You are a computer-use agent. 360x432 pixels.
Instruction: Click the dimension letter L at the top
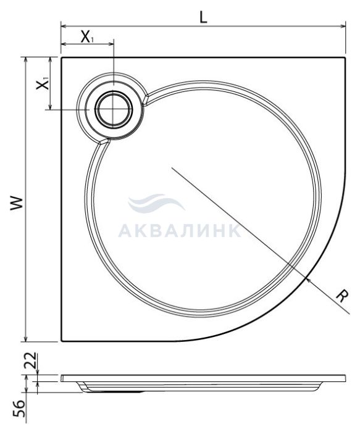[203, 18]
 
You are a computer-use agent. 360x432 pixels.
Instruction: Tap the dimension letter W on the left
[17, 204]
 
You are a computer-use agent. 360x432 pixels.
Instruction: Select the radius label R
[342, 296]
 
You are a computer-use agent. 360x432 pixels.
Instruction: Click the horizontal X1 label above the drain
[87, 37]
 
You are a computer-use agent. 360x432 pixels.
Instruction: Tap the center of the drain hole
[114, 109]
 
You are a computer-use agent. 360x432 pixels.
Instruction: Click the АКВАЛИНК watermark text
[180, 231]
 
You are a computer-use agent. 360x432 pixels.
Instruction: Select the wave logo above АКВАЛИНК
[156, 204]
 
